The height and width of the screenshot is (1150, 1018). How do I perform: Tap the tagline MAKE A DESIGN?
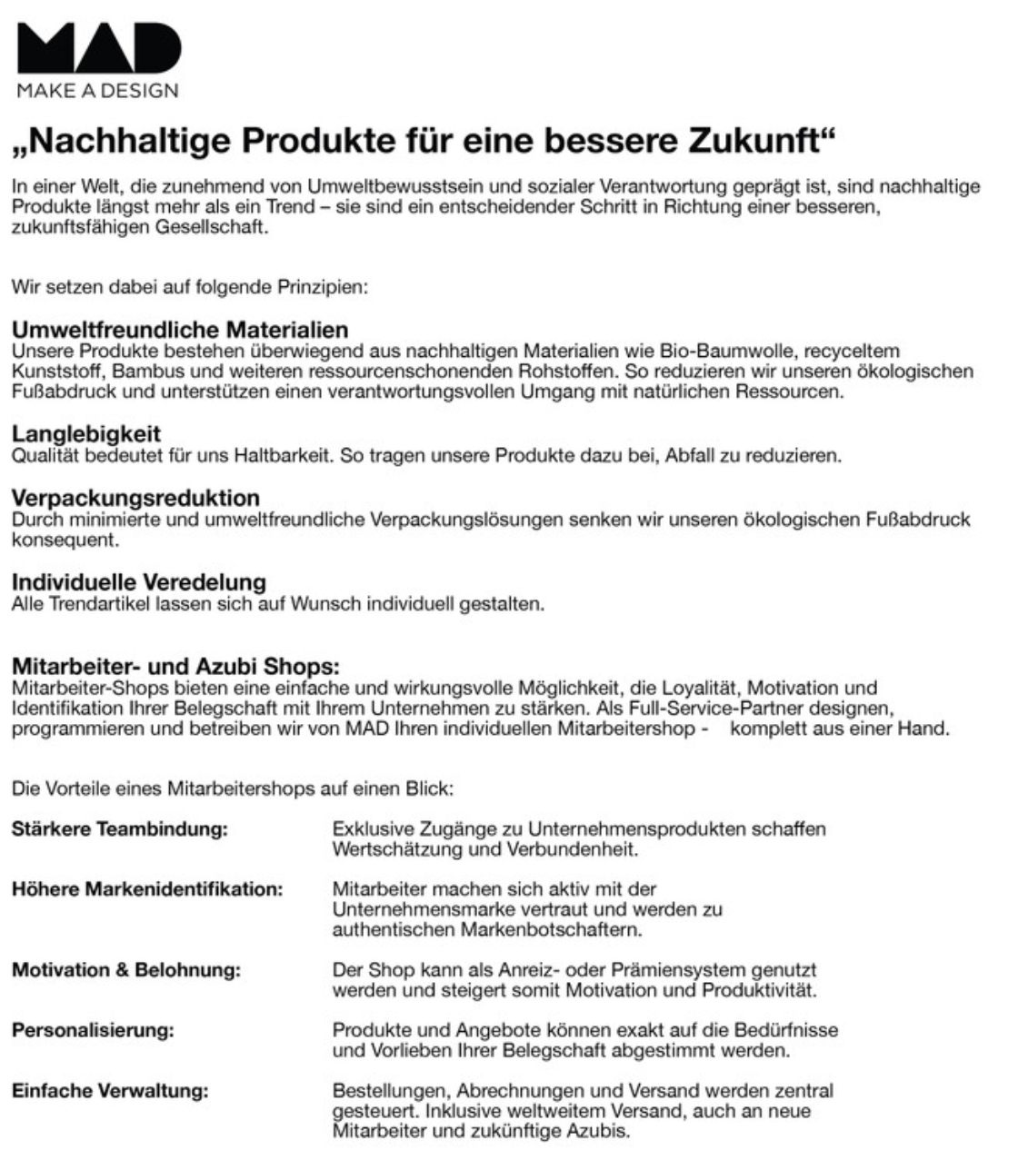(97, 90)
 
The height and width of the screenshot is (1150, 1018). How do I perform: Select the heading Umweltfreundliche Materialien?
(180, 329)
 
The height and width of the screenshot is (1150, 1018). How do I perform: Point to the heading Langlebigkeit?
(86, 434)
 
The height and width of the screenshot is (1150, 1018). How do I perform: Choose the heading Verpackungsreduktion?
(135, 498)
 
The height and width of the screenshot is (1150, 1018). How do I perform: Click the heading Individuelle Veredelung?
(139, 581)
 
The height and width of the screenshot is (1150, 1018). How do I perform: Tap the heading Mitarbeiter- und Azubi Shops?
(175, 667)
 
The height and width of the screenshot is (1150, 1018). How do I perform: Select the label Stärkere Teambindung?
(119, 829)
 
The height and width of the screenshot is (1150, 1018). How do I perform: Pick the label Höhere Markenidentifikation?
(147, 888)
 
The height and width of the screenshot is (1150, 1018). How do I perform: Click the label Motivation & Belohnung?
(126, 970)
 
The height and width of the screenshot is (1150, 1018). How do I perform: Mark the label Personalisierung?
(93, 1031)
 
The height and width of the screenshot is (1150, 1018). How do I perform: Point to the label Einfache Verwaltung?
(110, 1090)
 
